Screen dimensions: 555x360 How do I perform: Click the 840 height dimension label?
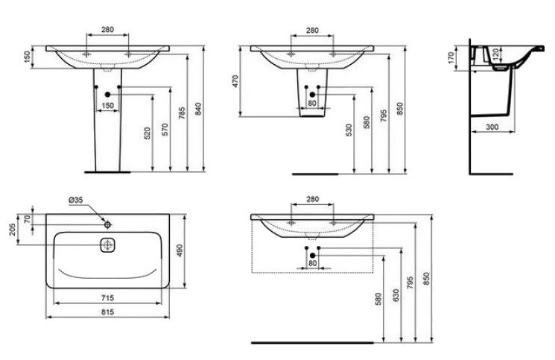point(198,109)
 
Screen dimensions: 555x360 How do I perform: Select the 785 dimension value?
point(182,113)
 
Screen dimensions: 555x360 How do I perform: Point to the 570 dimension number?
point(165,129)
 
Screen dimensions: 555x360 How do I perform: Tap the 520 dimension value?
point(148,133)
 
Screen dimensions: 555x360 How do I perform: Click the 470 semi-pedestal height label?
point(235,81)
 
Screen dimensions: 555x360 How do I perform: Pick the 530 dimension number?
point(349,130)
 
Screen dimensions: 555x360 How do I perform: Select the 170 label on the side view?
point(451,57)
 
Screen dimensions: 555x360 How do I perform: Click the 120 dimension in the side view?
point(496,54)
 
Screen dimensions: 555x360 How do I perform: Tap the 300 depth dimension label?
point(492,127)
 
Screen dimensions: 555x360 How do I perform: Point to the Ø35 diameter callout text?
point(76,200)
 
